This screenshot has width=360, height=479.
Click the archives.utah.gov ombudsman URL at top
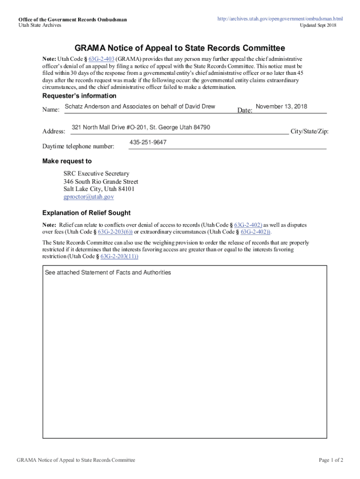tap(280, 19)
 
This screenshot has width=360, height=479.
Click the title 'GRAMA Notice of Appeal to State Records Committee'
tap(180, 48)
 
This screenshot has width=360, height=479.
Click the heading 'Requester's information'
tap(79, 96)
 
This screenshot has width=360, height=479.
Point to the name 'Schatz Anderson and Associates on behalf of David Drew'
tap(140, 107)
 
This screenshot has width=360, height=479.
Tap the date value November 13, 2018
tap(281, 107)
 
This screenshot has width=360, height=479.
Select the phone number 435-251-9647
tap(148, 142)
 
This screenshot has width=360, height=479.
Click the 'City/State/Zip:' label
tap(310, 131)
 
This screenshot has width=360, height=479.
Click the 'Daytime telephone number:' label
tap(78, 147)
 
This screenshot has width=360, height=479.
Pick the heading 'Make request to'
tap(67, 161)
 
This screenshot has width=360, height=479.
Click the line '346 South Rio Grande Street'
tap(101, 181)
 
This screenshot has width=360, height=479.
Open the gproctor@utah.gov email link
tap(89, 197)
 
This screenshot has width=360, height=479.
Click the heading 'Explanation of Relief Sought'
tap(86, 213)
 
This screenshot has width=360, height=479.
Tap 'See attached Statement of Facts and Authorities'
tap(108, 272)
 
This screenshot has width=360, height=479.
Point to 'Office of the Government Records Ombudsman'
tap(72, 19)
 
